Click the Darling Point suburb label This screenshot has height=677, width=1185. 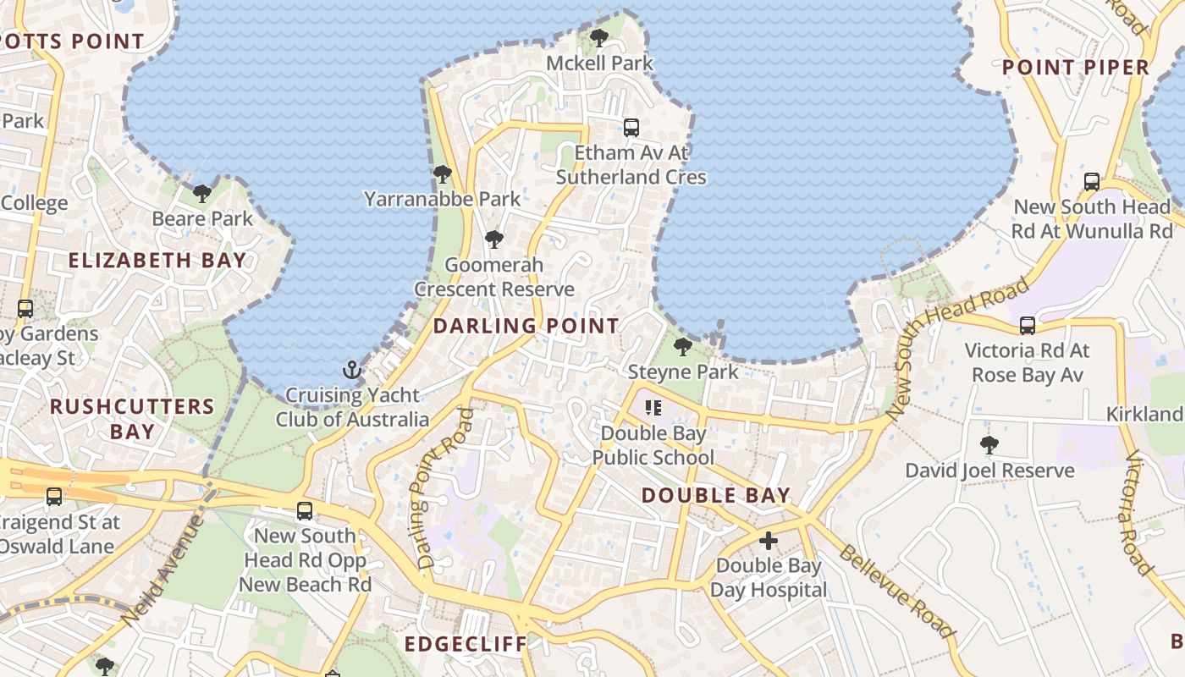pos(526,326)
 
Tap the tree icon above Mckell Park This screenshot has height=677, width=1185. pos(599,38)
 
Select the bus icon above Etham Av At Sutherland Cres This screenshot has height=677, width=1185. pos(631,128)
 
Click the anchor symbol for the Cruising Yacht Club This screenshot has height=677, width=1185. pos(351,370)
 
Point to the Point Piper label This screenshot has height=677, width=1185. pos(1075,68)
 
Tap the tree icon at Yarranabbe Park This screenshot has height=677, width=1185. pos(442,174)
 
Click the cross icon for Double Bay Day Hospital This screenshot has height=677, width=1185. pos(769,541)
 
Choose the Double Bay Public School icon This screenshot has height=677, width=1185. pos(653,409)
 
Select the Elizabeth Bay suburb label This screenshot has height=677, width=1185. pos(157,261)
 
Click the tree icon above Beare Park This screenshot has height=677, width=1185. pos(201,194)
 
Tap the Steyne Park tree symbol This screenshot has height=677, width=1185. pos(682,347)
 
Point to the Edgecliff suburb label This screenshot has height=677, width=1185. pos(465,644)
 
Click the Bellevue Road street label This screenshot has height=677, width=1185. pos(896,592)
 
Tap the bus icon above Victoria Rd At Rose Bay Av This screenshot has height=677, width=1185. pos(1028,326)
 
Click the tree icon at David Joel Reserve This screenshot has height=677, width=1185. pos(989,445)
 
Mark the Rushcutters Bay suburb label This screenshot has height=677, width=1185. pos(132,419)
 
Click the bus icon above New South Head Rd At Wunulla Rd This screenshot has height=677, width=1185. pos(1092,181)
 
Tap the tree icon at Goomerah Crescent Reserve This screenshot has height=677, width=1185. pos(494,239)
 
